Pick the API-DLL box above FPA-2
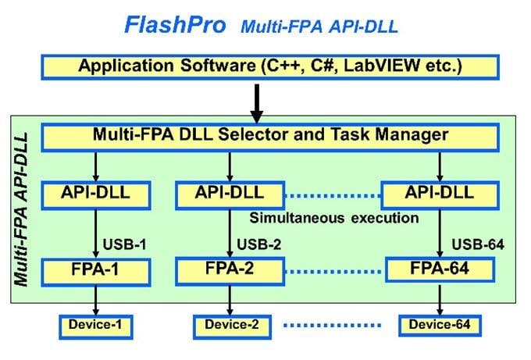(x=230, y=193)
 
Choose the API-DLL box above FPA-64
(x=440, y=193)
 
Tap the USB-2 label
(x=256, y=244)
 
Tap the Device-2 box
(x=230, y=324)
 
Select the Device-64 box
(x=439, y=324)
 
